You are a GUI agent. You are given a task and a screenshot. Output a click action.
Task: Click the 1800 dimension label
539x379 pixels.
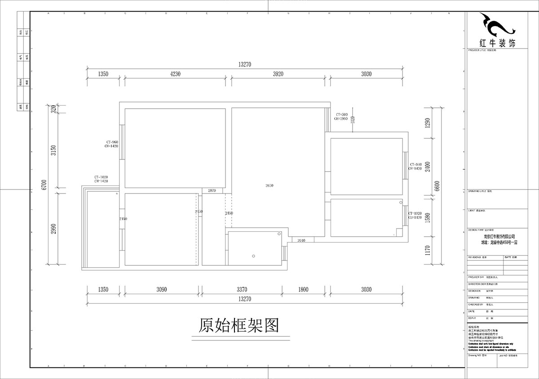303,290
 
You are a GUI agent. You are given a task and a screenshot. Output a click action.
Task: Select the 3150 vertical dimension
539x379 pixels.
53,150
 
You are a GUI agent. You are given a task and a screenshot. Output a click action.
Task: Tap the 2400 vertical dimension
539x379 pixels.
428,167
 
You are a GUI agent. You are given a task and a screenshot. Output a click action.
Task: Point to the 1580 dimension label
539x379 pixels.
428,218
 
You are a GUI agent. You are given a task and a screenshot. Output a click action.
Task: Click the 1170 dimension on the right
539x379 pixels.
428,251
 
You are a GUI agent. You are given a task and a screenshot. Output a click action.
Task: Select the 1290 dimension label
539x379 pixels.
428,122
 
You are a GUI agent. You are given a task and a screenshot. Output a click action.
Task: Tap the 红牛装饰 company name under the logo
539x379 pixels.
498,43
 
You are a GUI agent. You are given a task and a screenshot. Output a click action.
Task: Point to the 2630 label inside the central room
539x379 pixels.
269,185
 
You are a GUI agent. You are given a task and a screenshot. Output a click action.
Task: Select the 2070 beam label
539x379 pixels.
212,191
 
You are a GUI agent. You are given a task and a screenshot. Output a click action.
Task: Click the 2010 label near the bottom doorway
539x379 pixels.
301,241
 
